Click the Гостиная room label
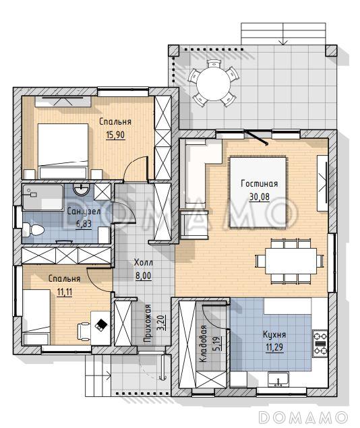point(260,183)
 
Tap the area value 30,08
point(260,197)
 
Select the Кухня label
point(274,334)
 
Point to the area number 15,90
point(115,135)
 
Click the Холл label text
point(144,263)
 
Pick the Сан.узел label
point(84,211)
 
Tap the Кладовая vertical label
point(203,344)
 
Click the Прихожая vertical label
point(148,323)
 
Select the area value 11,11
point(65,292)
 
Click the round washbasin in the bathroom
point(81,189)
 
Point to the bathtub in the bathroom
point(43,197)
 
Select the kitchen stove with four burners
point(320,343)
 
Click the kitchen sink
point(278,379)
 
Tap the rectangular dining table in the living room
point(291,261)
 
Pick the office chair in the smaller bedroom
point(84,331)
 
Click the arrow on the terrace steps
point(283,34)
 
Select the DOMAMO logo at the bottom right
point(303,417)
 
